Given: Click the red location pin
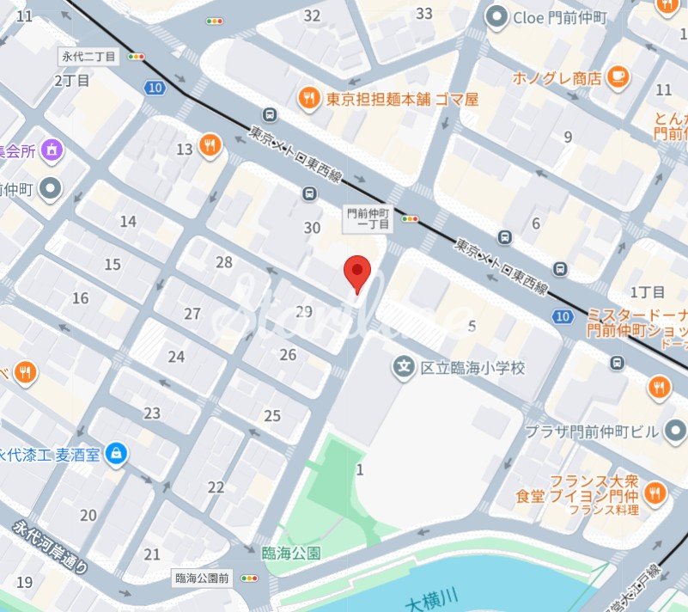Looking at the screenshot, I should (x=357, y=273).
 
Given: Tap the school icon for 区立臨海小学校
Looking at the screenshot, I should (x=403, y=368).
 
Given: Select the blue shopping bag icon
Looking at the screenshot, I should (x=115, y=454).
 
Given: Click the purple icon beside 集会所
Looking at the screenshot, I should (x=53, y=150).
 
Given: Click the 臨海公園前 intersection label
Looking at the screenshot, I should (x=203, y=578).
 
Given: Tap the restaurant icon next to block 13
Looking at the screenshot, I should (x=210, y=146).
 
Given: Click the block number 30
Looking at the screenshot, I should (x=312, y=228).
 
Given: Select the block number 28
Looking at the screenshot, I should (x=224, y=262).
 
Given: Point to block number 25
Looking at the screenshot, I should (x=272, y=416).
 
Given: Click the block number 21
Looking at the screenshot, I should (x=152, y=554).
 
